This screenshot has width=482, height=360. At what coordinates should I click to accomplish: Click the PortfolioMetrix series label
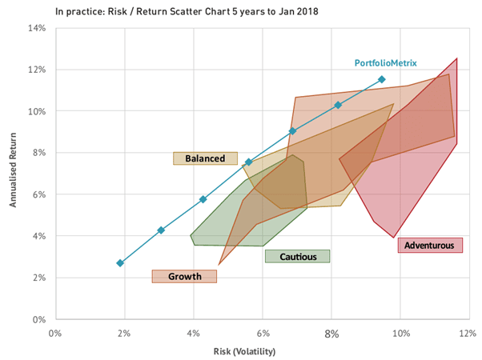click(x=386, y=63)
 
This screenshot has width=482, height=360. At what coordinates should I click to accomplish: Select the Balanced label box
click(x=206, y=158)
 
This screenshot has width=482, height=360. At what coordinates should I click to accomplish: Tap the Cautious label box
click(x=297, y=257)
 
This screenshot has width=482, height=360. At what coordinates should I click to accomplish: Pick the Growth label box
click(x=184, y=277)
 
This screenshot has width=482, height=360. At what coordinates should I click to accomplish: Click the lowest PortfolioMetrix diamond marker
click(x=120, y=263)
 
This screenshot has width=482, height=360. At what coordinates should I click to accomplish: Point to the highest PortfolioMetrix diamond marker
click(x=382, y=79)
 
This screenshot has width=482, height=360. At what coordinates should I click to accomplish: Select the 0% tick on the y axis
click(x=40, y=320)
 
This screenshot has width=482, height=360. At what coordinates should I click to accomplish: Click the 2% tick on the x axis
click(x=124, y=332)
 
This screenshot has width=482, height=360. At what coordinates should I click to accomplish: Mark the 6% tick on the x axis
click(x=262, y=332)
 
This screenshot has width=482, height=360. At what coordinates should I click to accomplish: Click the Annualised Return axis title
click(x=14, y=174)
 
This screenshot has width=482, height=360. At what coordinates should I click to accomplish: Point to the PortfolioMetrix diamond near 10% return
click(x=338, y=105)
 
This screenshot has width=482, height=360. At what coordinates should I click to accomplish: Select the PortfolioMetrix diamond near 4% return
click(x=161, y=230)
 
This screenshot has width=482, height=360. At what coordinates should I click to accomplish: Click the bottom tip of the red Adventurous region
click(x=393, y=238)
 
